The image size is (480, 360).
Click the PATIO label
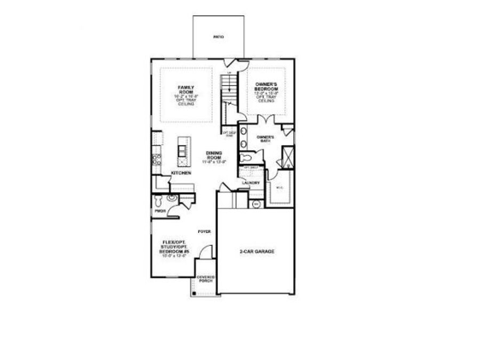coord(218,37)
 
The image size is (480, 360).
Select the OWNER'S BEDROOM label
coord(266,85)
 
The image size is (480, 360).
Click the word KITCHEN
coord(181,174)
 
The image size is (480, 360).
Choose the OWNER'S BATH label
coord(265,139)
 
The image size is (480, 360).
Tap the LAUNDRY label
coord(250,183)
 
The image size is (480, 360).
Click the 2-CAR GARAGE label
coord(257,251)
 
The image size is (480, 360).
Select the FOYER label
coord(204,231)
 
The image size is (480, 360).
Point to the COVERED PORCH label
coord(205,279)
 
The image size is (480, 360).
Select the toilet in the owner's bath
coord(246,158)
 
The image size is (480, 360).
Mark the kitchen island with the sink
coord(182,150)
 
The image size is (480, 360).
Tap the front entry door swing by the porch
coord(207,251)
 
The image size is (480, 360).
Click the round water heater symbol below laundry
coord(255,204)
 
